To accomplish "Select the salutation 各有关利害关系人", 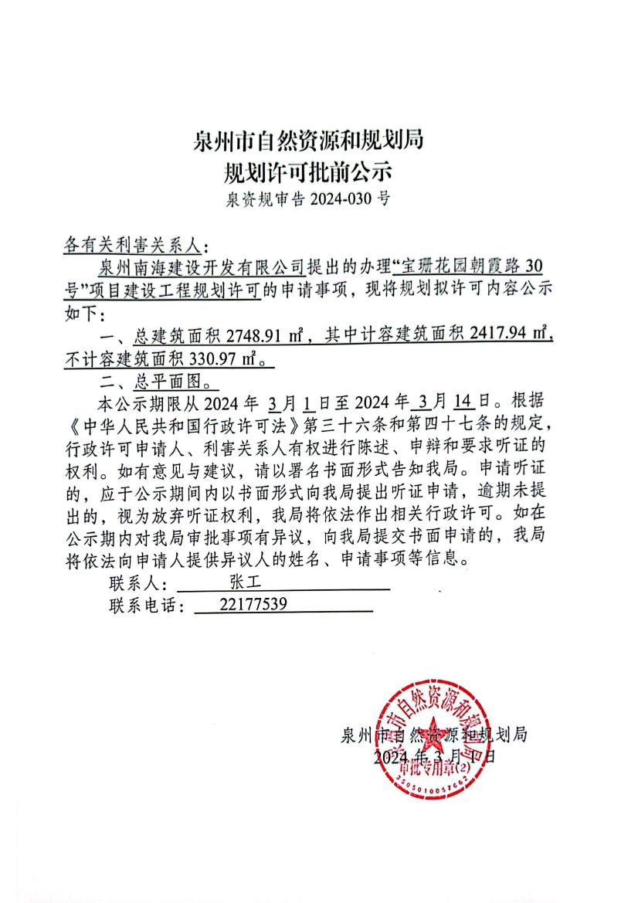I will point(132,246).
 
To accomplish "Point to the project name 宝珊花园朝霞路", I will point(455,268).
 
